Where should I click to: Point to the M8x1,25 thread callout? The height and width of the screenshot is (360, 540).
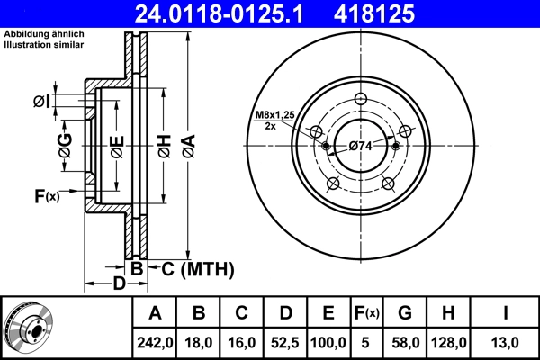(274, 116)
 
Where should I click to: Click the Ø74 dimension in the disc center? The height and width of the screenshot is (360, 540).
(361, 146)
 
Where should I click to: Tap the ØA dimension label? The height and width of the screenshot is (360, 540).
(187, 145)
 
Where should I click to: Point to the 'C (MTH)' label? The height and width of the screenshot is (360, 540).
(196, 268)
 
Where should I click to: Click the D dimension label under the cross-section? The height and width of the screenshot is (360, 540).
(119, 284)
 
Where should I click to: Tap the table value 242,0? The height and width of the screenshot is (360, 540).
(155, 343)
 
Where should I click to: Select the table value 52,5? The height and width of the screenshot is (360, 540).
(285, 343)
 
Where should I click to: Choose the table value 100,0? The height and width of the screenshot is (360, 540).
(328, 343)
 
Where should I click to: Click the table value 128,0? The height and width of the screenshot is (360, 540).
(448, 343)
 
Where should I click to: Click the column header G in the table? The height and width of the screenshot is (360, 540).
(405, 313)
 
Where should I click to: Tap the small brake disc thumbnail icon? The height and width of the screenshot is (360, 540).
(28, 328)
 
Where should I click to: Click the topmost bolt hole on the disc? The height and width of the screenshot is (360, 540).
(361, 99)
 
